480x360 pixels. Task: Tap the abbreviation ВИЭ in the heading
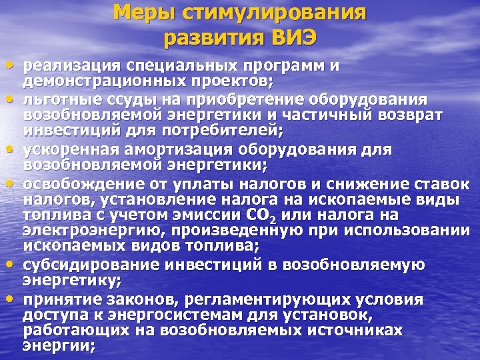(x=283, y=37)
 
